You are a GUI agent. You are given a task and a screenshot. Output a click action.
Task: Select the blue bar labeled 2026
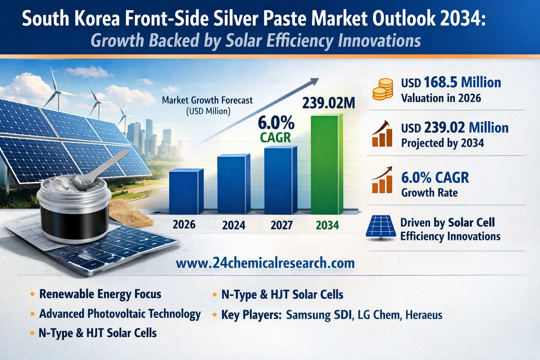(x=186, y=192)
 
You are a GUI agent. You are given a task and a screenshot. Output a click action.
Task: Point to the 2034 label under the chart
(x=327, y=225)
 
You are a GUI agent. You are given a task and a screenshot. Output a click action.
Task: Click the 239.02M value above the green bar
(x=329, y=103)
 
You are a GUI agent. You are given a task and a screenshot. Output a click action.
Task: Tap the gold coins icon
(x=382, y=89)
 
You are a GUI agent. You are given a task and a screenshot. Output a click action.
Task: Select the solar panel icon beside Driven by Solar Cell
(x=381, y=228)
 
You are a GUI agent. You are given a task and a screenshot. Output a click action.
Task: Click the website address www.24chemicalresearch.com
(x=265, y=263)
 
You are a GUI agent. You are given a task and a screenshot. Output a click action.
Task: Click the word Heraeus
(x=424, y=315)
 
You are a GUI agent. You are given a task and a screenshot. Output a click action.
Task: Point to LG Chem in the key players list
(x=379, y=315)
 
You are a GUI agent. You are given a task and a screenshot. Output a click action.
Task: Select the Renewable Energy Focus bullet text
(x=100, y=294)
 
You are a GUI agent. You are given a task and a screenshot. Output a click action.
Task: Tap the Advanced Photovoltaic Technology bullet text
(x=120, y=314)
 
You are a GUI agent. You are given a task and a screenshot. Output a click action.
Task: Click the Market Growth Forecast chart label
(x=207, y=101)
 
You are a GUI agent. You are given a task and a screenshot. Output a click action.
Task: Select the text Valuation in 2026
(x=441, y=98)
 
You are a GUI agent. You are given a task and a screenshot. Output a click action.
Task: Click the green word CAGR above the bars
(x=275, y=137)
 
